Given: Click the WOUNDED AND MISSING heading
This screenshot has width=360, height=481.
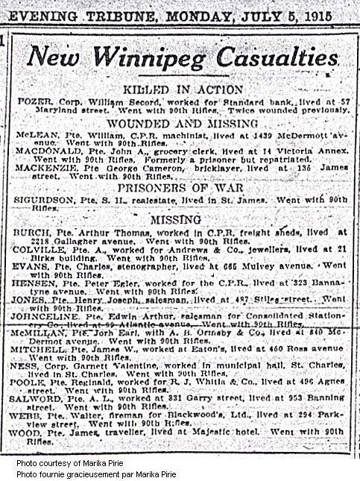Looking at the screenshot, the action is click(x=182, y=122).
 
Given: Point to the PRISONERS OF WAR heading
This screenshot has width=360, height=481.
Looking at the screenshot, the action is click(x=182, y=186).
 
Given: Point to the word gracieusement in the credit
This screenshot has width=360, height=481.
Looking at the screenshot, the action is click(x=100, y=473).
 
